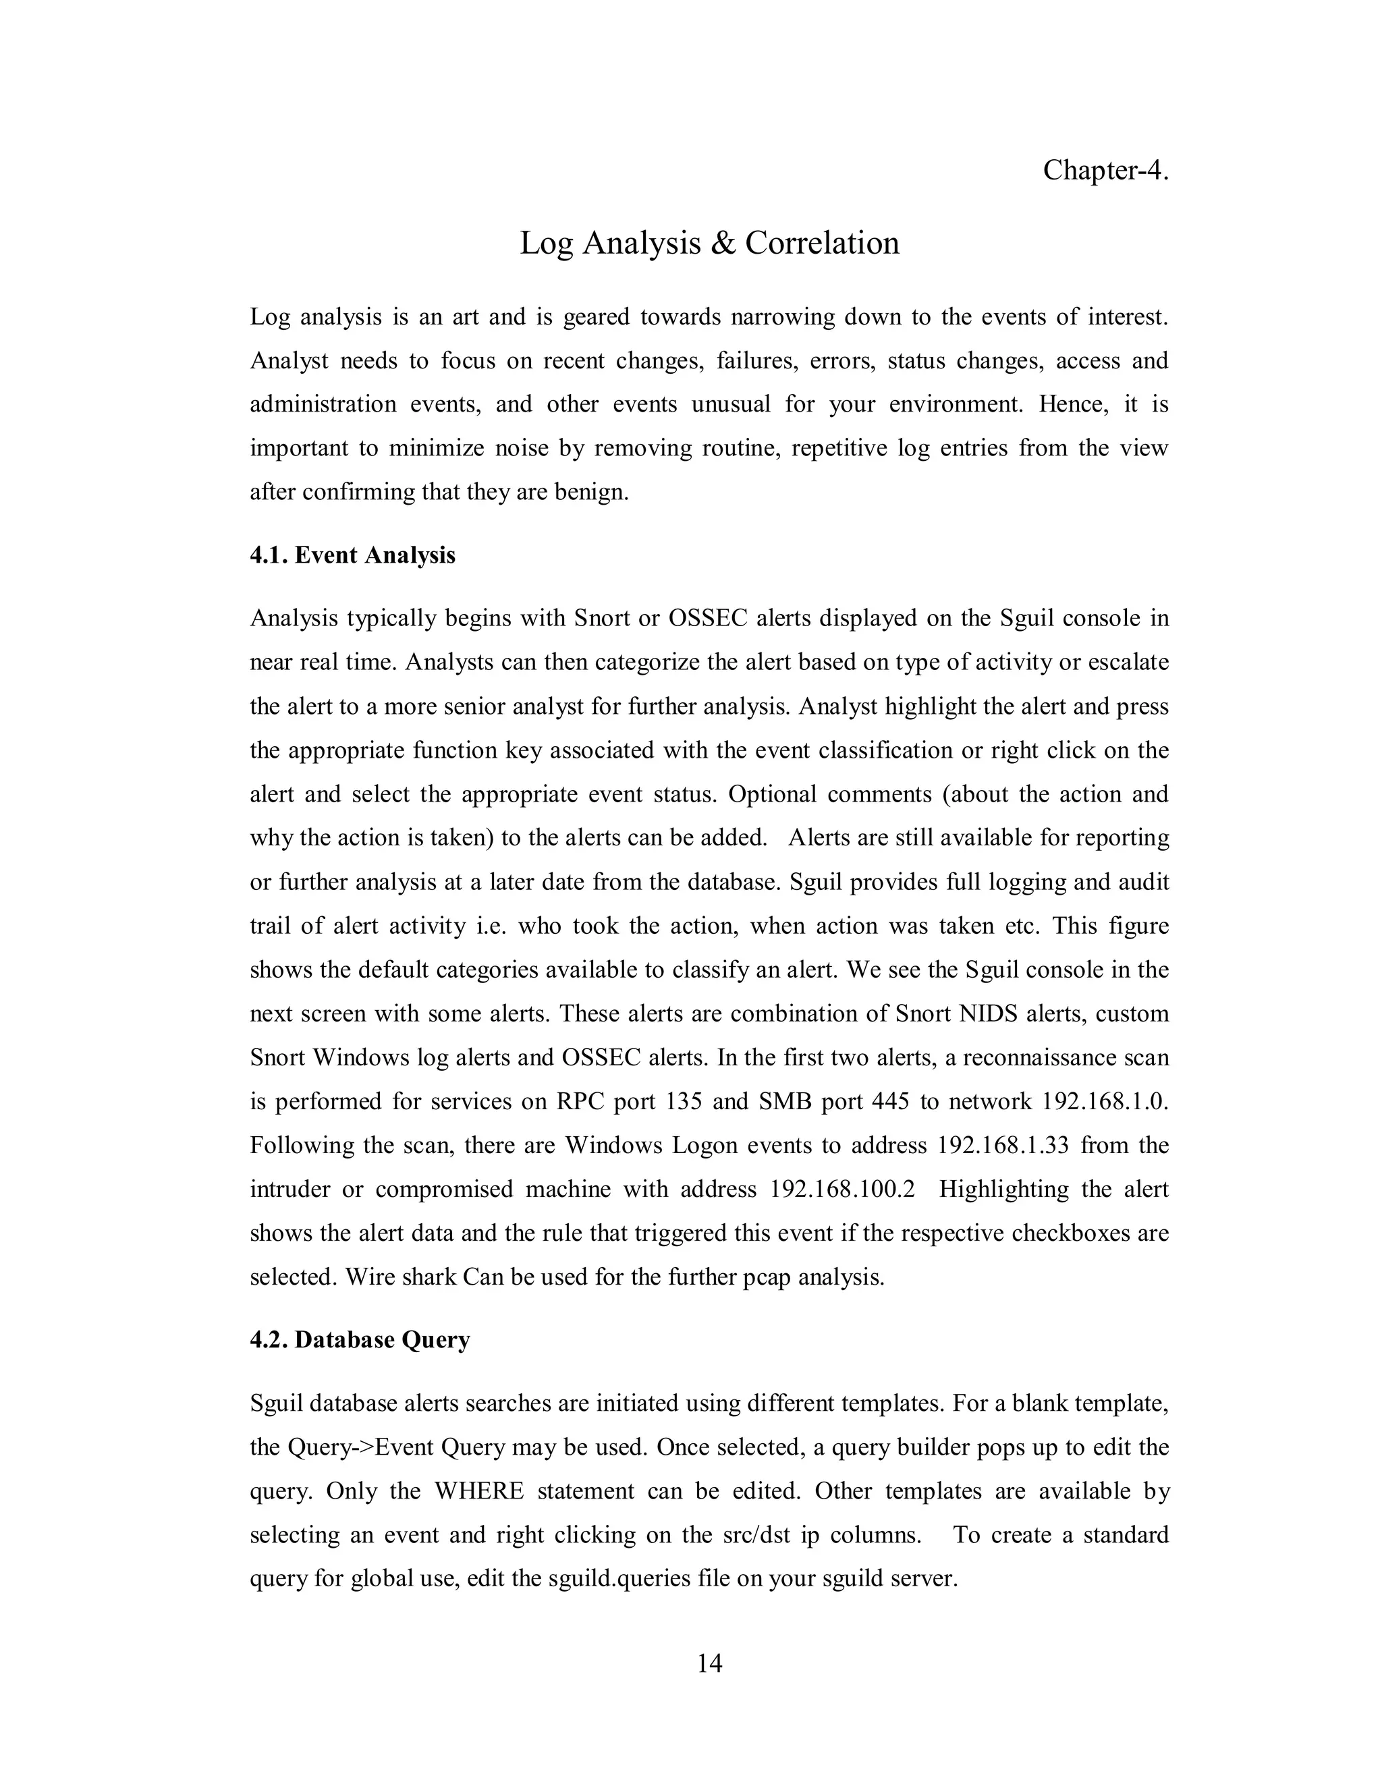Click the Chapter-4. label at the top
point(1105,170)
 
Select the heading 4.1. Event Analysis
point(352,556)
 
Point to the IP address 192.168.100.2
point(841,1189)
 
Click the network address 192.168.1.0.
point(1105,1101)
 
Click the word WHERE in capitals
point(479,1491)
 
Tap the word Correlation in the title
point(822,243)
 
